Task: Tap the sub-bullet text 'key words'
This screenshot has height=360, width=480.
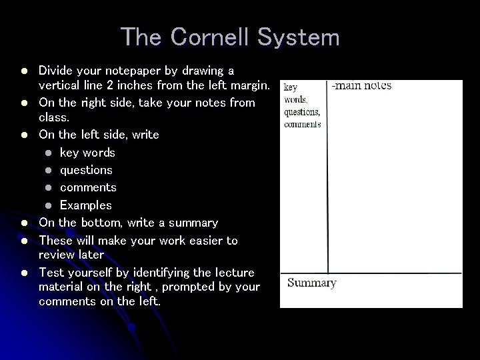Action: [87, 153]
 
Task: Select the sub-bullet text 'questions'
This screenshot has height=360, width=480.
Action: [86, 170]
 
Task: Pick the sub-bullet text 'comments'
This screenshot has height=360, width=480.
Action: [88, 187]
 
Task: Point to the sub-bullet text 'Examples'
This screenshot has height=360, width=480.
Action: [86, 205]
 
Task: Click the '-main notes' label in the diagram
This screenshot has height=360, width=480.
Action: [361, 85]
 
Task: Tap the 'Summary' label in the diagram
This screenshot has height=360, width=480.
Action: [311, 283]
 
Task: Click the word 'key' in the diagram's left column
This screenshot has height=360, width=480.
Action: [291, 87]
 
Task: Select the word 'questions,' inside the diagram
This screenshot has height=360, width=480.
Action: [302, 111]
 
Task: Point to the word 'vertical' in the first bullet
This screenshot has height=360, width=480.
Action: [59, 85]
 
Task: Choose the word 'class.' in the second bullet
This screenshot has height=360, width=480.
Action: [53, 117]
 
